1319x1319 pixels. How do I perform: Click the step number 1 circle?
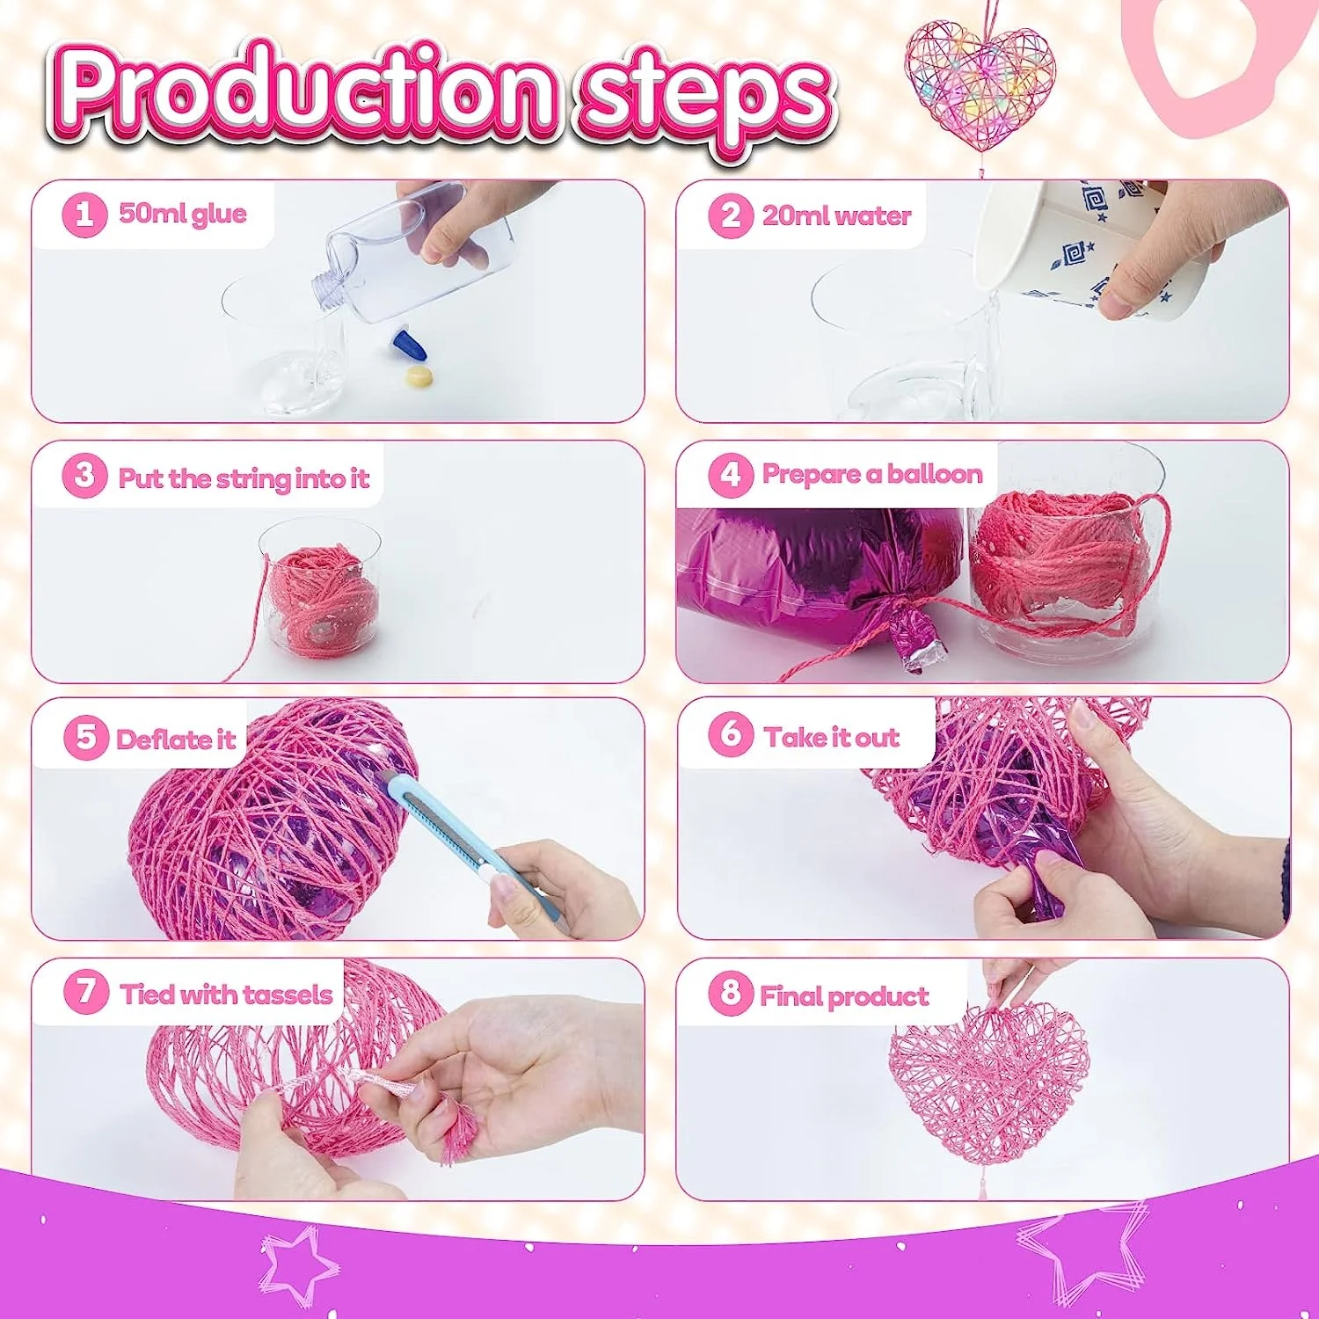click(84, 214)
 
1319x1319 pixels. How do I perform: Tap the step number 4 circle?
click(731, 475)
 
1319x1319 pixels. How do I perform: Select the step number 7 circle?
click(86, 992)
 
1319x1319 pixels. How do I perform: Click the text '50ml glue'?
click(182, 214)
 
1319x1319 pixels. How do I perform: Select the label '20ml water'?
click(836, 215)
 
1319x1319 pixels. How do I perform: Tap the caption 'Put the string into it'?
click(244, 478)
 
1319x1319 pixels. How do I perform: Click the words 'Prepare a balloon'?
click(871, 475)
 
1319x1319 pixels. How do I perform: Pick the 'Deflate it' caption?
click(176, 739)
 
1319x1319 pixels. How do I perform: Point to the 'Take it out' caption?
click(831, 737)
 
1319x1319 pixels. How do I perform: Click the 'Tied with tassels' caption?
click(226, 994)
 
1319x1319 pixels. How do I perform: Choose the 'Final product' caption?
click(843, 995)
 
